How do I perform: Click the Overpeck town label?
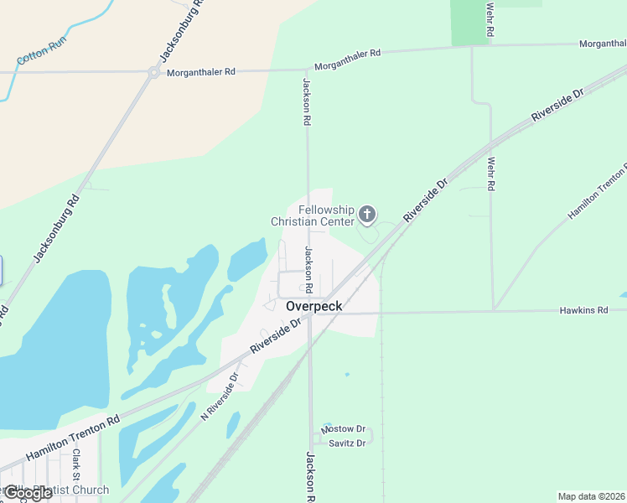click(x=313, y=306)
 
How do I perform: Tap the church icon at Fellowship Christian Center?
click(x=366, y=215)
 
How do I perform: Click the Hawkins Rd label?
click(x=583, y=310)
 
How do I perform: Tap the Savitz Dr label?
click(x=347, y=443)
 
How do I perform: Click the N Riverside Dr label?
click(x=220, y=397)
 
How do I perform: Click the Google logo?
click(x=27, y=493)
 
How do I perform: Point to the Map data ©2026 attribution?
click(x=592, y=496)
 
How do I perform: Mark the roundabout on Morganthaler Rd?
click(x=153, y=73)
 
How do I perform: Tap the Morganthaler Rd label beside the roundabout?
click(x=201, y=73)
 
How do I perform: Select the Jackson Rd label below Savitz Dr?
click(x=309, y=476)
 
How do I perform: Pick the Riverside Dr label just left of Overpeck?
click(x=275, y=336)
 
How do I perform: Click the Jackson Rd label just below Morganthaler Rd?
click(x=307, y=101)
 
